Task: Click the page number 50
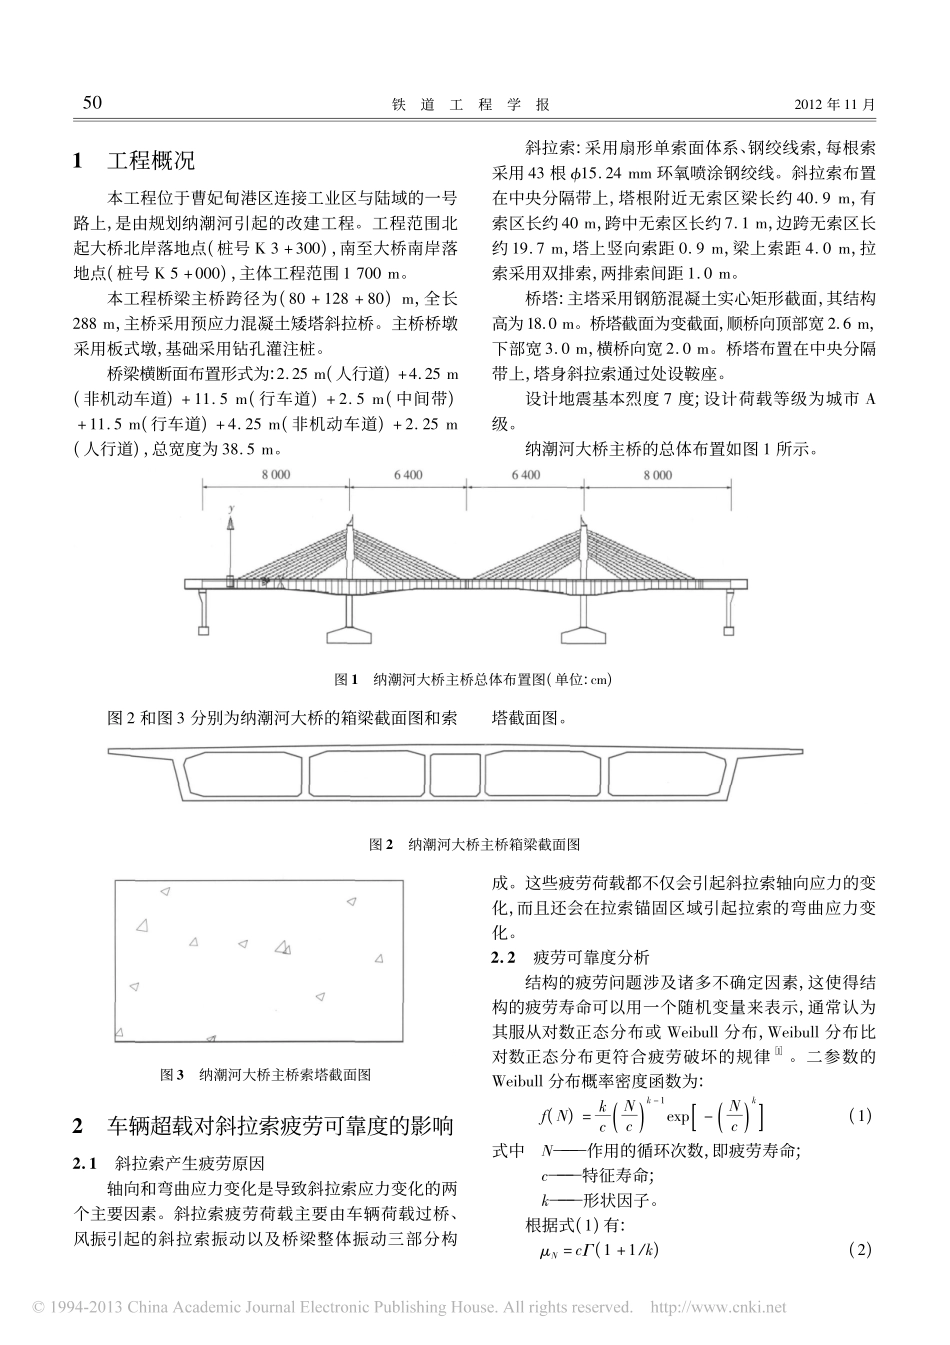pyautogui.click(x=91, y=103)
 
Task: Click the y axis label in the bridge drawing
pyautogui.click(x=231, y=510)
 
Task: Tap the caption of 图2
pyautogui.click(x=474, y=844)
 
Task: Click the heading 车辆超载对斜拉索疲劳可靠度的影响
pyautogui.click(x=280, y=1126)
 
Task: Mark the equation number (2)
pyautogui.click(x=859, y=1249)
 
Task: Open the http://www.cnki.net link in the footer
pyautogui.click(x=718, y=1307)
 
